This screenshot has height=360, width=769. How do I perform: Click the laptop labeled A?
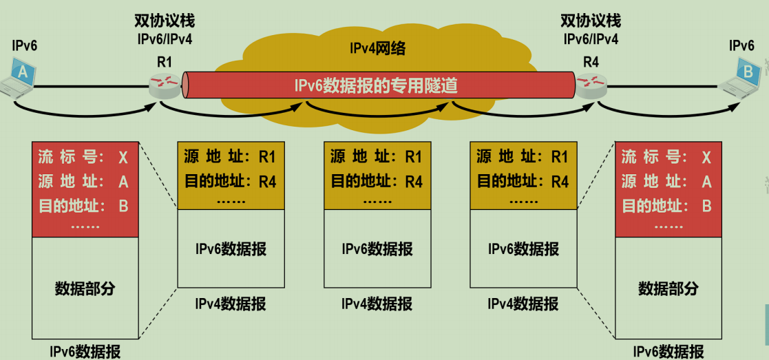tap(20, 77)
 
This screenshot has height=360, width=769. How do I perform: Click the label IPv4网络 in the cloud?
tap(377, 49)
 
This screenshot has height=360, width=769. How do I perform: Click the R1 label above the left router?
tap(164, 62)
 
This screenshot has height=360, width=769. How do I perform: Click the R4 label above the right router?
tap(591, 62)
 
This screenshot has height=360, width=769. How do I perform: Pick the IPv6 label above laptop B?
tap(741, 46)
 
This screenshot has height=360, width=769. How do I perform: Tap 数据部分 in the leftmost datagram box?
tap(85, 288)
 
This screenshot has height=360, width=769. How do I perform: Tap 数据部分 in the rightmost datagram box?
tap(668, 288)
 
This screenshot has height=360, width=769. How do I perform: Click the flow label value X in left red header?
tap(123, 158)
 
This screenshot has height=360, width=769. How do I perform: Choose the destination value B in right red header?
tap(706, 205)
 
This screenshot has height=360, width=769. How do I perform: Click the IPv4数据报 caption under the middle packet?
tap(377, 304)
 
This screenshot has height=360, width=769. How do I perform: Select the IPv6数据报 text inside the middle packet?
tap(377, 248)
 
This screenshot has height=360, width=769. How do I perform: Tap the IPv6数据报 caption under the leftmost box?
tap(85, 352)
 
